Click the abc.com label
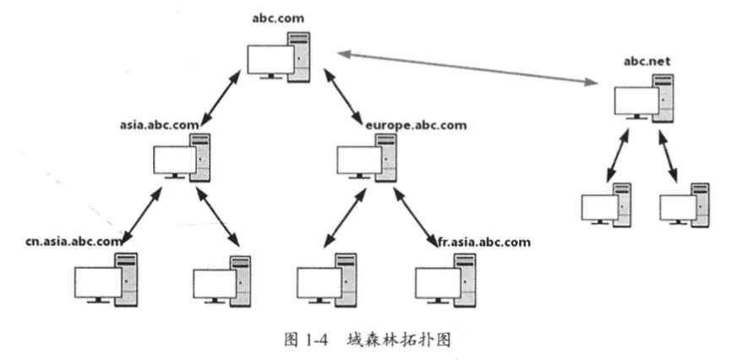click(278, 18)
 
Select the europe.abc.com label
click(416, 125)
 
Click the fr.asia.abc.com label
click(483, 242)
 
